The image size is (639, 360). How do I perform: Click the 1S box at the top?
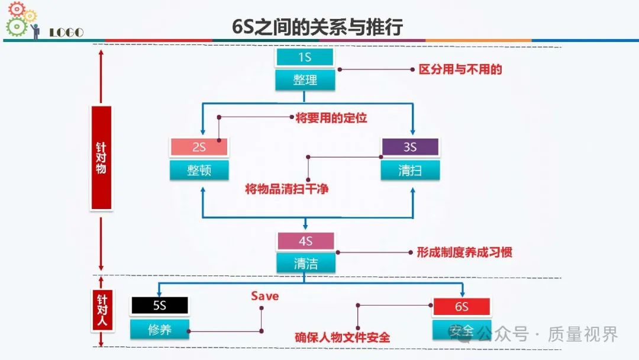click(x=305, y=57)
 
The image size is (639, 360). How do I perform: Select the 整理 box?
click(x=305, y=80)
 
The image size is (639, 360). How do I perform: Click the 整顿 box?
click(x=199, y=170)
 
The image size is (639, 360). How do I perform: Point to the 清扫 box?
click(x=410, y=170)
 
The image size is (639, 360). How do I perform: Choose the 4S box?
click(x=305, y=241)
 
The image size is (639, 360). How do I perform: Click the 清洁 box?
click(x=305, y=263)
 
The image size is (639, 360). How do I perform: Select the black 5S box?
click(x=160, y=306)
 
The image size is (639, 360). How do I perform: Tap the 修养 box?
click(x=160, y=329)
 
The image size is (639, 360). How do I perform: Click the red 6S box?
click(x=461, y=307)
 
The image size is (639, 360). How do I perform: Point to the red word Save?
click(x=264, y=296)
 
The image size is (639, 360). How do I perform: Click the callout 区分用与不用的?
click(x=460, y=69)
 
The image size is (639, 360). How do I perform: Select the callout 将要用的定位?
click(x=331, y=118)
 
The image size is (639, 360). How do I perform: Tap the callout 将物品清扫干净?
click(x=287, y=189)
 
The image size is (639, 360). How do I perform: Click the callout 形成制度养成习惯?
click(x=464, y=252)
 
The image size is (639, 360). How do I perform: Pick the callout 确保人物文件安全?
click(x=343, y=337)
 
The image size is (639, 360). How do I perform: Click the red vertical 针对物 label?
click(x=101, y=157)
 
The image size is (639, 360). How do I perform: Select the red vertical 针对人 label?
click(x=102, y=311)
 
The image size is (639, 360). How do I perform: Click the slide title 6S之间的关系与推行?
click(x=318, y=27)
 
